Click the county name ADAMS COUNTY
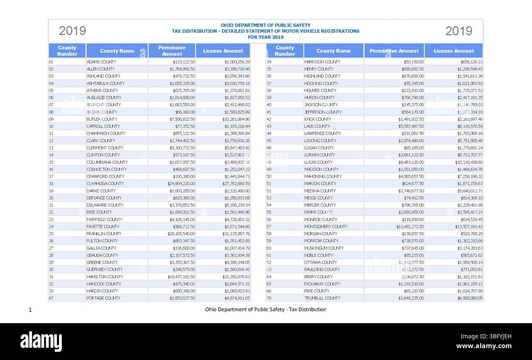(x=101, y=62)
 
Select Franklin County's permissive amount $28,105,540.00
(x=181, y=234)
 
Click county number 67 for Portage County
(x=51, y=298)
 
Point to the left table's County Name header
(x=117, y=51)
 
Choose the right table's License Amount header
(x=453, y=51)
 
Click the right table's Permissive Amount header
(x=394, y=51)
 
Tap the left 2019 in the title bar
(x=72, y=31)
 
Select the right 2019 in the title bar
(x=458, y=31)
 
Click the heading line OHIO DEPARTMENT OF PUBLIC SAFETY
(x=266, y=25)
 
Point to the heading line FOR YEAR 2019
(x=266, y=37)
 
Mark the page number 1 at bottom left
(x=30, y=310)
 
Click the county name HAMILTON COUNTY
(x=104, y=277)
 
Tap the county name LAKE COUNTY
(x=317, y=126)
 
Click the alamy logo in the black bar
(x=41, y=341)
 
